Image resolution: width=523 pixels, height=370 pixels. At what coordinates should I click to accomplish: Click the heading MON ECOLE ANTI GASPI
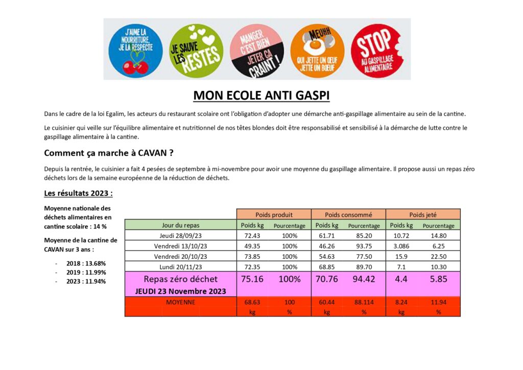261,96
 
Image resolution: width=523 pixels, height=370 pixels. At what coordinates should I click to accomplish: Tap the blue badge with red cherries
135,50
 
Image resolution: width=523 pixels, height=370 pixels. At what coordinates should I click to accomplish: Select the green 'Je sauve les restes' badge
196,50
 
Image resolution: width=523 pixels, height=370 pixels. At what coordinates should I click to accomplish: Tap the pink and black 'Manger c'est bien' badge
257,50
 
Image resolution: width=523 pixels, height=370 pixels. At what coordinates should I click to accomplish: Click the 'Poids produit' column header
273,214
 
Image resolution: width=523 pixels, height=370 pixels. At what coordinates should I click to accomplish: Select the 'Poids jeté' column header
423,214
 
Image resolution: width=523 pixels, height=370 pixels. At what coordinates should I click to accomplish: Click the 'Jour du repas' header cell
180,225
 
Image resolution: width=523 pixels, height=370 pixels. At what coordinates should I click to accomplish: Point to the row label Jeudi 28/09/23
180,235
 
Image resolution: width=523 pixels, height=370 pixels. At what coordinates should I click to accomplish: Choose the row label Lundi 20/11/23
180,266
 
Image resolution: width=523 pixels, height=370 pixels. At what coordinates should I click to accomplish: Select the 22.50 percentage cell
438,256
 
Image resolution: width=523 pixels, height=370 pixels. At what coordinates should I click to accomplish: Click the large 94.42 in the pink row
364,279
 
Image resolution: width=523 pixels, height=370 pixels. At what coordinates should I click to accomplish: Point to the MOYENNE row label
180,302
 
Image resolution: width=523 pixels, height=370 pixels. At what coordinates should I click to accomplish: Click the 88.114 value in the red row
364,302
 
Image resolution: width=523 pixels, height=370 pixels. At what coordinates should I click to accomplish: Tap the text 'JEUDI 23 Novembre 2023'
180,291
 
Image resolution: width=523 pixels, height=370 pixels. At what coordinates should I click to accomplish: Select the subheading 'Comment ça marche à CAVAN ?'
112,153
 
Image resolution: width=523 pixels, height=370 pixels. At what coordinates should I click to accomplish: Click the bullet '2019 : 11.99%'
86,273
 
